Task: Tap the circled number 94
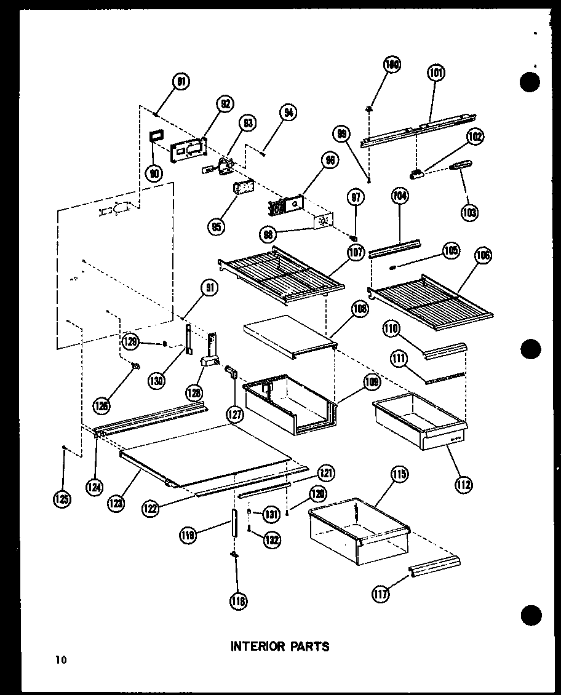287,113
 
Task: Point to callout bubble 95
216,226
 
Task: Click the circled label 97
356,197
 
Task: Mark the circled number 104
400,197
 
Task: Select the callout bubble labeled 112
464,485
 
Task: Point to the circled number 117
381,595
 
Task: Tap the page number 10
60,661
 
